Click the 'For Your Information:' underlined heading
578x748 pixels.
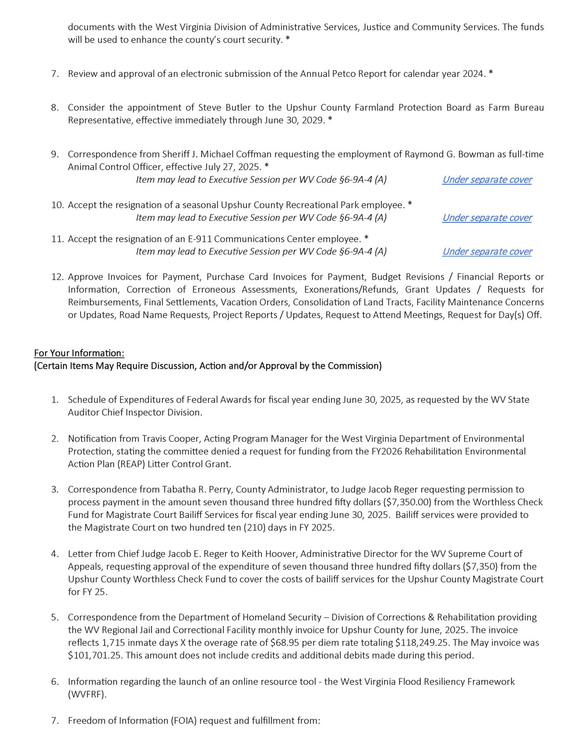click(x=79, y=353)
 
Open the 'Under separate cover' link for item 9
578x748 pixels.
click(x=487, y=180)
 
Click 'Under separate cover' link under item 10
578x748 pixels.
click(x=487, y=218)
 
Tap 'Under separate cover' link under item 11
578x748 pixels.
click(x=487, y=251)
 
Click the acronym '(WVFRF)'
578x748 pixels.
click(x=87, y=694)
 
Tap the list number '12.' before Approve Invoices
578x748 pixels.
click(x=57, y=277)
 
